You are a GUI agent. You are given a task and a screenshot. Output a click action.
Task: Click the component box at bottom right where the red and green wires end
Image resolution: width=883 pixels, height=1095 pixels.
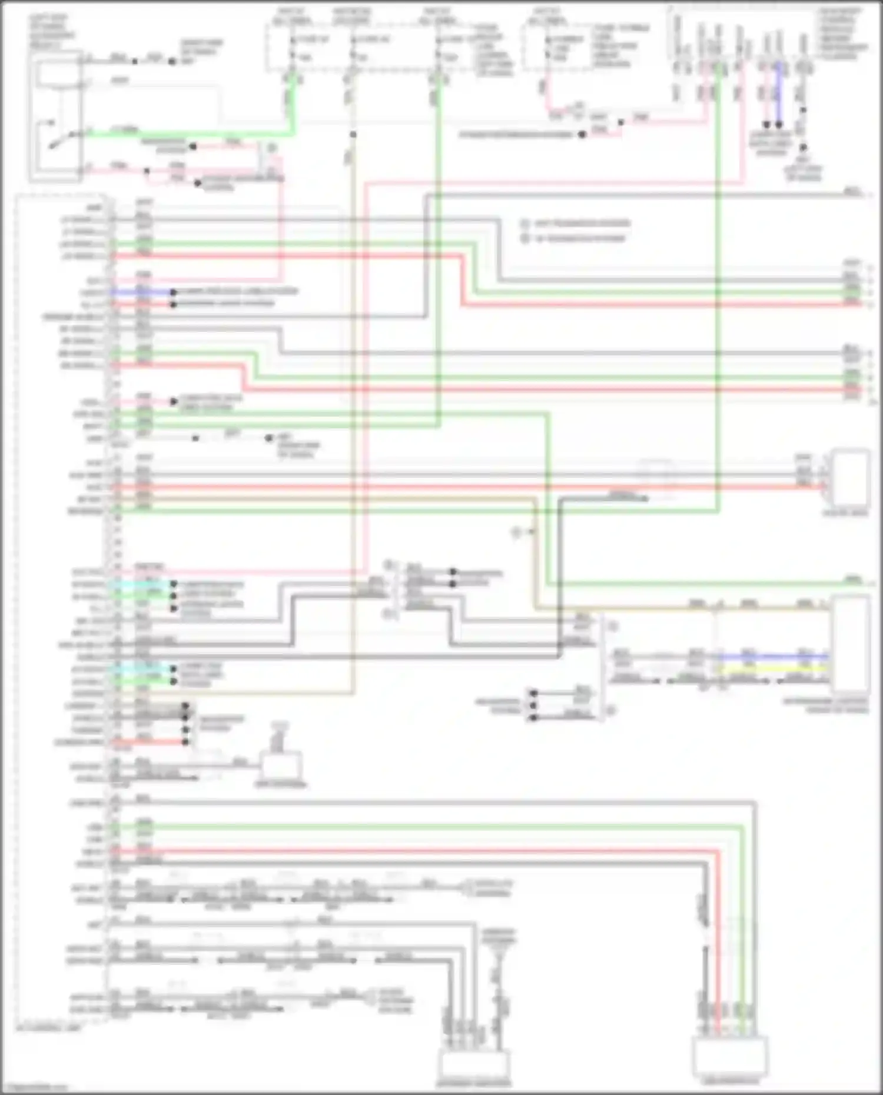(730, 1056)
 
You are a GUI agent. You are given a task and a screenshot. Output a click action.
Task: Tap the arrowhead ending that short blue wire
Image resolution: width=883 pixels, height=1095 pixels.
(173, 292)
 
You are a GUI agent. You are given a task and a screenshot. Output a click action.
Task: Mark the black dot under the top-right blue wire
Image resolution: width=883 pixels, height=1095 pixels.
(779, 125)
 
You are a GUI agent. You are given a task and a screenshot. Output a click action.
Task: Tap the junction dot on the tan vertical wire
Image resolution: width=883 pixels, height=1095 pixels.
(353, 135)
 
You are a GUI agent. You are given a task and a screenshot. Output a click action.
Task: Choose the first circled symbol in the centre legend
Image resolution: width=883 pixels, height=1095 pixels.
(525, 224)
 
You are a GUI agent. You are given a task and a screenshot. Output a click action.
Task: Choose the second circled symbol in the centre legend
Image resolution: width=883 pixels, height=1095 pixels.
(525, 238)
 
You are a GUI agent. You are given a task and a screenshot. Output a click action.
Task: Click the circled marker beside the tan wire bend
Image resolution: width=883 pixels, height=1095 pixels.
(516, 532)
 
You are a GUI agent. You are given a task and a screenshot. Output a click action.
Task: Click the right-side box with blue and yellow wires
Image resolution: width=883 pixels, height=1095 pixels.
(850, 644)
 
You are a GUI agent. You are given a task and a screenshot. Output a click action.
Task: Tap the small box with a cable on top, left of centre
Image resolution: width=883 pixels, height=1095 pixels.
(281, 765)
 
